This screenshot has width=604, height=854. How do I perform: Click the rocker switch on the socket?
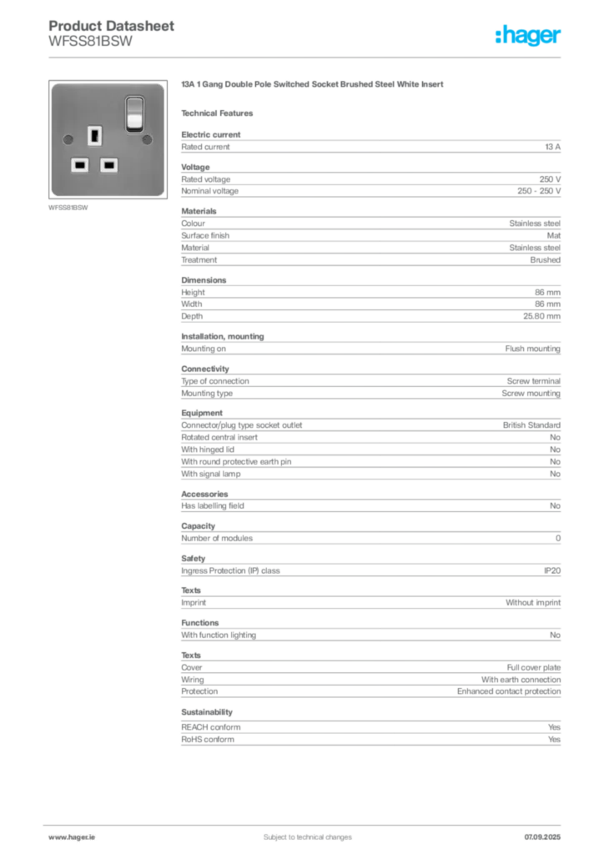tap(134, 113)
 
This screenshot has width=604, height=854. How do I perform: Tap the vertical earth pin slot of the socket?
tap(93, 134)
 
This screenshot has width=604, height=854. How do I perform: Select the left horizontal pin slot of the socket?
tap(80, 164)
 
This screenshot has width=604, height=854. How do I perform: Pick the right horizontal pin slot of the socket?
tap(108, 164)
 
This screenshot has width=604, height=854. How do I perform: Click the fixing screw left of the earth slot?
tap(66, 137)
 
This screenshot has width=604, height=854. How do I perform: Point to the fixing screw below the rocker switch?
tap(147, 137)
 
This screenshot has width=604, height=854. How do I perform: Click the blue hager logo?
tap(529, 36)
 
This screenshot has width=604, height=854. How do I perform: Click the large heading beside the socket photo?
tap(313, 86)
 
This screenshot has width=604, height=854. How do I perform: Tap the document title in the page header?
tap(113, 26)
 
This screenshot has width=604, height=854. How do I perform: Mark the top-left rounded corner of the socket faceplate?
tap(54, 86)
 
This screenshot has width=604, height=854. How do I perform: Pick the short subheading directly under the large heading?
tap(221, 113)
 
